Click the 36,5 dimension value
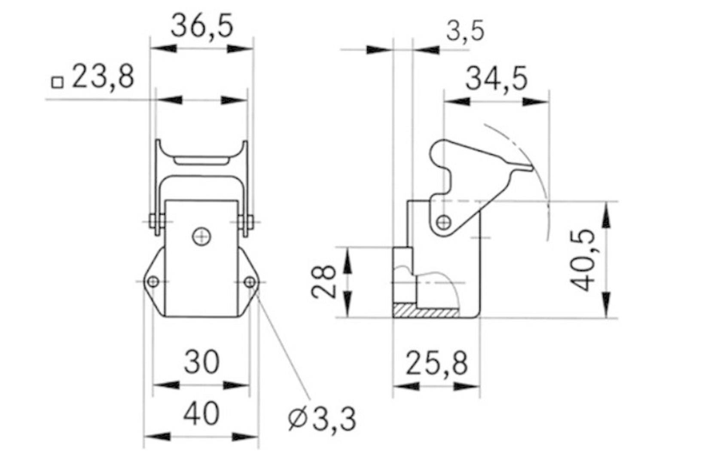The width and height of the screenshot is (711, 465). (202, 27)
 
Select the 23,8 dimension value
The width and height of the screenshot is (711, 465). (103, 77)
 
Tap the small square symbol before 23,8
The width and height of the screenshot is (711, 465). (57, 82)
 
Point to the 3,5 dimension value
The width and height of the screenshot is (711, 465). (465, 31)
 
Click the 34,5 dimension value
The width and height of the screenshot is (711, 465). (497, 79)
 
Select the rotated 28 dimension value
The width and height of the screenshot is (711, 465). (323, 281)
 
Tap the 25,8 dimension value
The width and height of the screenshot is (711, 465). (436, 363)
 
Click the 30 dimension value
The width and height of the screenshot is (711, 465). (201, 361)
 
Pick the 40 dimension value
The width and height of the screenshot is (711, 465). (201, 413)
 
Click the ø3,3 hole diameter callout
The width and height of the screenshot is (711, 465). (322, 419)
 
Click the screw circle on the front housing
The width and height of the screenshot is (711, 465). (201, 236)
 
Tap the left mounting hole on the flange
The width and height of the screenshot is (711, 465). (153, 282)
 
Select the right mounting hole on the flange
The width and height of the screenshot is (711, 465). (250, 282)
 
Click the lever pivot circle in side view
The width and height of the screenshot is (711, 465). (444, 222)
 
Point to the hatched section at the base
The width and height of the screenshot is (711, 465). (425, 310)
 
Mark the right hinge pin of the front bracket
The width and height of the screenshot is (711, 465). (247, 222)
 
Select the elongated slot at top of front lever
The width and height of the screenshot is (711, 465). (201, 161)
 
